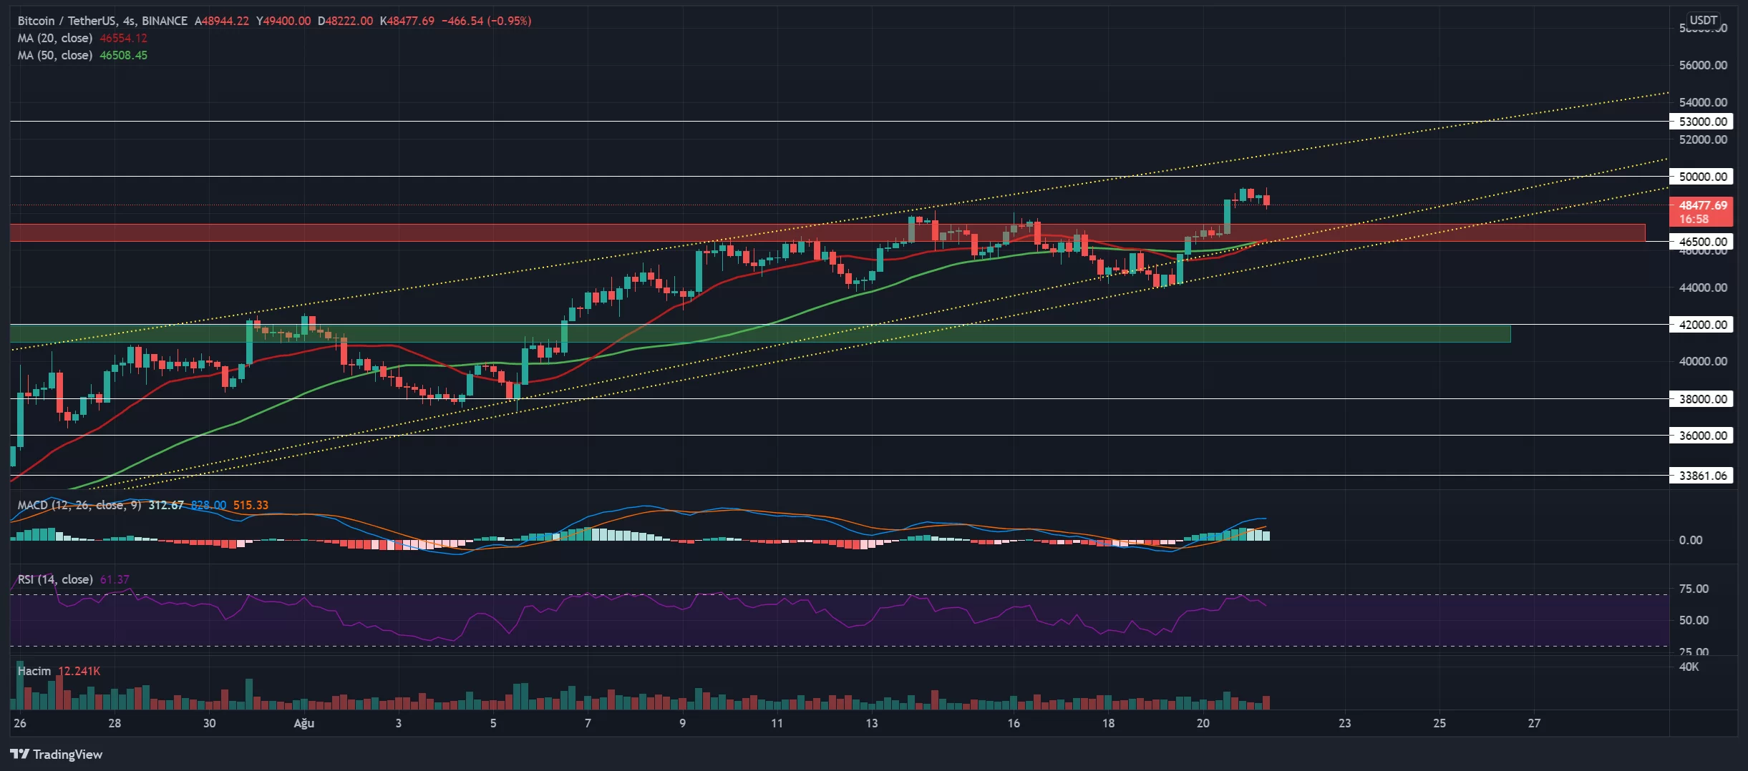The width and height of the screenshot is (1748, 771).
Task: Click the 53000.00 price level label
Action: [1702, 122]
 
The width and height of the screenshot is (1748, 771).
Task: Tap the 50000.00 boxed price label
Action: [1702, 177]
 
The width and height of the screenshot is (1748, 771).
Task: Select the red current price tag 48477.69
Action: [1702, 206]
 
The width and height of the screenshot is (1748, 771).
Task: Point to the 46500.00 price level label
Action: [1702, 242]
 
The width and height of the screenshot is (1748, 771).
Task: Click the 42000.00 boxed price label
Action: [1702, 325]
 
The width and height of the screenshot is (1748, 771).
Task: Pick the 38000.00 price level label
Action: [1702, 399]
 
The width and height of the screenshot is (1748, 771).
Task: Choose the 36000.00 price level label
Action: [1702, 436]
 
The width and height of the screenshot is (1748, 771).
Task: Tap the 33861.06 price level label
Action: [1702, 476]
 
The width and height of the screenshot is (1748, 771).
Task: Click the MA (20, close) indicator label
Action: [55, 39]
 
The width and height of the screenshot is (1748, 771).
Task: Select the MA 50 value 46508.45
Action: [123, 56]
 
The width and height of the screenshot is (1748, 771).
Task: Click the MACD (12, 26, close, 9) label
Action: [79, 506]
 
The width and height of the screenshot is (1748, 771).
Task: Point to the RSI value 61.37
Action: [115, 579]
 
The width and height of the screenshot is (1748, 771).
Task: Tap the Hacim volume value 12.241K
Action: [79, 671]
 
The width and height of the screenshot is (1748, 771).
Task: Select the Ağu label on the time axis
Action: [304, 723]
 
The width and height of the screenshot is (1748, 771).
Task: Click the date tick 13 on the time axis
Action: [871, 723]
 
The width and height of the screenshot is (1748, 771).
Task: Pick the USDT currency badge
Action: [1704, 20]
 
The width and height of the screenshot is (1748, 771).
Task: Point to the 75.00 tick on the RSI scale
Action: [1694, 589]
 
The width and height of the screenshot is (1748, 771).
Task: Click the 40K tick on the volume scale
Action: [1689, 667]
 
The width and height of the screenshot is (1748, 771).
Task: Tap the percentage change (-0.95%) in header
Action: [509, 21]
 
